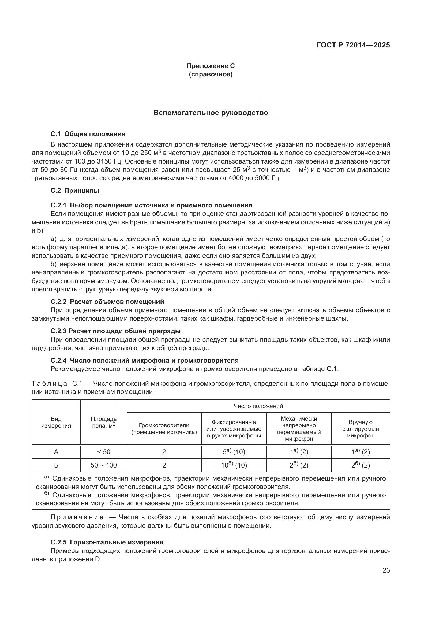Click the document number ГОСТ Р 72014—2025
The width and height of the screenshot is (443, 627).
353,45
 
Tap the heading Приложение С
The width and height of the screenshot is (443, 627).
211,66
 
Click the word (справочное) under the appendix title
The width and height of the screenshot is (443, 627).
211,74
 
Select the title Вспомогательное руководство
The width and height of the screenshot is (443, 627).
211,113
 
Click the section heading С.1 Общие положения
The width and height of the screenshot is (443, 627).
88,134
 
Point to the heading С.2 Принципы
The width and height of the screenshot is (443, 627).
75,191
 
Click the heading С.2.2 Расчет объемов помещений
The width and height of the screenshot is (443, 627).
107,302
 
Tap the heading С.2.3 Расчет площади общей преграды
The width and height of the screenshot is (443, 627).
115,331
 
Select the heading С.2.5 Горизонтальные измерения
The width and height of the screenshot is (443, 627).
107,542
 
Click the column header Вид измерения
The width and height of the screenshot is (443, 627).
56,422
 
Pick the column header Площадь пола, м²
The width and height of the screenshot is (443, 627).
104,422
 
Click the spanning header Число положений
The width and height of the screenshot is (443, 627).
258,406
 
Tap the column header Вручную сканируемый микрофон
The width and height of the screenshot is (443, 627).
360,429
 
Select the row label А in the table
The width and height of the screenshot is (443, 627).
56,452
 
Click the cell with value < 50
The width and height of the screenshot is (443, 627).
104,452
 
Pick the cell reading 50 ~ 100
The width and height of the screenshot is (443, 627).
104,465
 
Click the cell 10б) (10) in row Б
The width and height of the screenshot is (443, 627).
234,465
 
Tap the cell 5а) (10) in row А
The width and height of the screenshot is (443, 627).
234,452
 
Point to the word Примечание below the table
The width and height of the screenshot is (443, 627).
77,517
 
